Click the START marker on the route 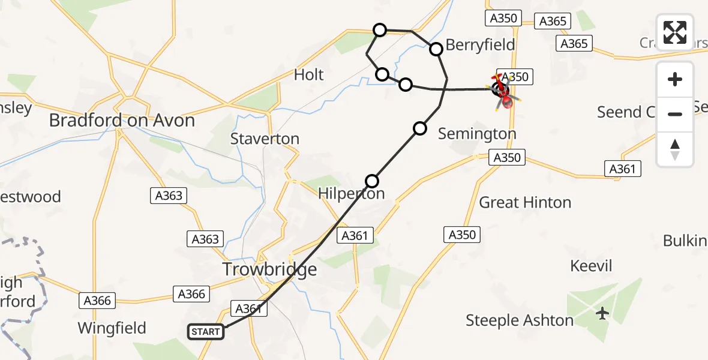[206, 331]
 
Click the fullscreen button [675, 32]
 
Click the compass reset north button [675, 149]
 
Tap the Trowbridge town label [269, 269]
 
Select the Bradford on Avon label [122, 121]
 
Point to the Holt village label [308, 75]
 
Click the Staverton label [265, 139]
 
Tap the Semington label [477, 134]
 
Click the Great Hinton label [525, 203]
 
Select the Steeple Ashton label [520, 321]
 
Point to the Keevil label [591, 266]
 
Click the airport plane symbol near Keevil [603, 313]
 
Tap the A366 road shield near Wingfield [97, 300]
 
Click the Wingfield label [112, 328]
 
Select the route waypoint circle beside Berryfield [436, 49]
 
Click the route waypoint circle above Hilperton [372, 181]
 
